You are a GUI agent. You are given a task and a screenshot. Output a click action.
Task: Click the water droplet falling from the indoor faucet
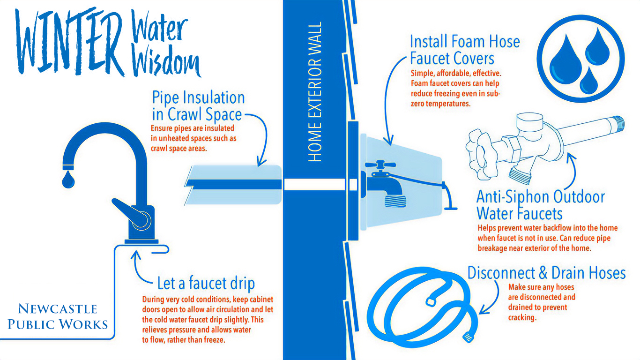(68, 180)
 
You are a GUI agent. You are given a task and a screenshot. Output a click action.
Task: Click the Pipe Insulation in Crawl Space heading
(198, 106)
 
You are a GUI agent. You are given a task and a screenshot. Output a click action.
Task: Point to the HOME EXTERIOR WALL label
(315, 92)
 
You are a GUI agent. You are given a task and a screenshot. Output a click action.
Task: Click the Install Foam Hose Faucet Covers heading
(465, 50)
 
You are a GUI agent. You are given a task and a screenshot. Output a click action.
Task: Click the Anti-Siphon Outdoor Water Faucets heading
(540, 205)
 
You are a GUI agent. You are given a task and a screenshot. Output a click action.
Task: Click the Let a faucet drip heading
(206, 283)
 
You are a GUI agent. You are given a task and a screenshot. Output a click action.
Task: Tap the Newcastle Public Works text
(58, 316)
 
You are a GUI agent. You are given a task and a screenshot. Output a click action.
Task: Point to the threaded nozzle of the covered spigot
(395, 201)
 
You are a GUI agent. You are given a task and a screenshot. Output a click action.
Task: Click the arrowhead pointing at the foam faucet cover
(388, 141)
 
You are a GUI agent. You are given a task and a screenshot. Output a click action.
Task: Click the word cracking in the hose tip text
(522, 317)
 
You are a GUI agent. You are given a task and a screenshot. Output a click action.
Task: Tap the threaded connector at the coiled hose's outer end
(468, 337)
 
